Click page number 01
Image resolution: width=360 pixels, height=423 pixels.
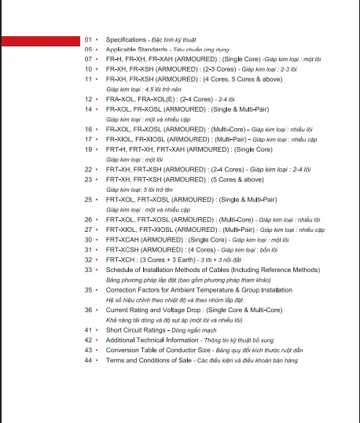pos(88,39)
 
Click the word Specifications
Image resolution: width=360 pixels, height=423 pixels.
pos(126,39)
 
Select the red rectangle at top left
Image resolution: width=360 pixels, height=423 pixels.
pos(39,41)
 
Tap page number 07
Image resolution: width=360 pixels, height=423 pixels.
pos(88,59)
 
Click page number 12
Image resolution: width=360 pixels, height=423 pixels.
pos(88,100)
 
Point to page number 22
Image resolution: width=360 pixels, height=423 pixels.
pos(88,169)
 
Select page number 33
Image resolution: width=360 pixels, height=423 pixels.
pos(88,269)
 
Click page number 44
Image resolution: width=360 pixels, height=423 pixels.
pos(88,360)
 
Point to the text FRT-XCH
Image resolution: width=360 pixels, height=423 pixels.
pos(119,259)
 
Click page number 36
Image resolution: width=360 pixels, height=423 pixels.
pos(88,311)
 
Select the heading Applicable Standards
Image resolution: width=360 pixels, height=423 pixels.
pos(135,49)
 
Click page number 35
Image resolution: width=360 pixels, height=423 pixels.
pos(88,290)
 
